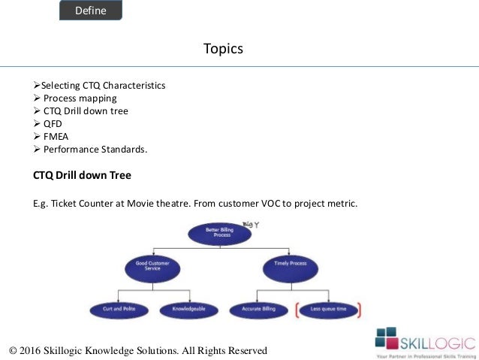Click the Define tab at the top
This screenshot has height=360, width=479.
90,11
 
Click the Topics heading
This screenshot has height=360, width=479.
223,50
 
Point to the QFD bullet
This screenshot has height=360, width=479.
53,124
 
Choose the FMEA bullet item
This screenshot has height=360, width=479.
56,137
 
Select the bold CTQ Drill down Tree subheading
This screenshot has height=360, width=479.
83,177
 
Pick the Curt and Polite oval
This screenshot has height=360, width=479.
113,309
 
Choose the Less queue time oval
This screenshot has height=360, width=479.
329,309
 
